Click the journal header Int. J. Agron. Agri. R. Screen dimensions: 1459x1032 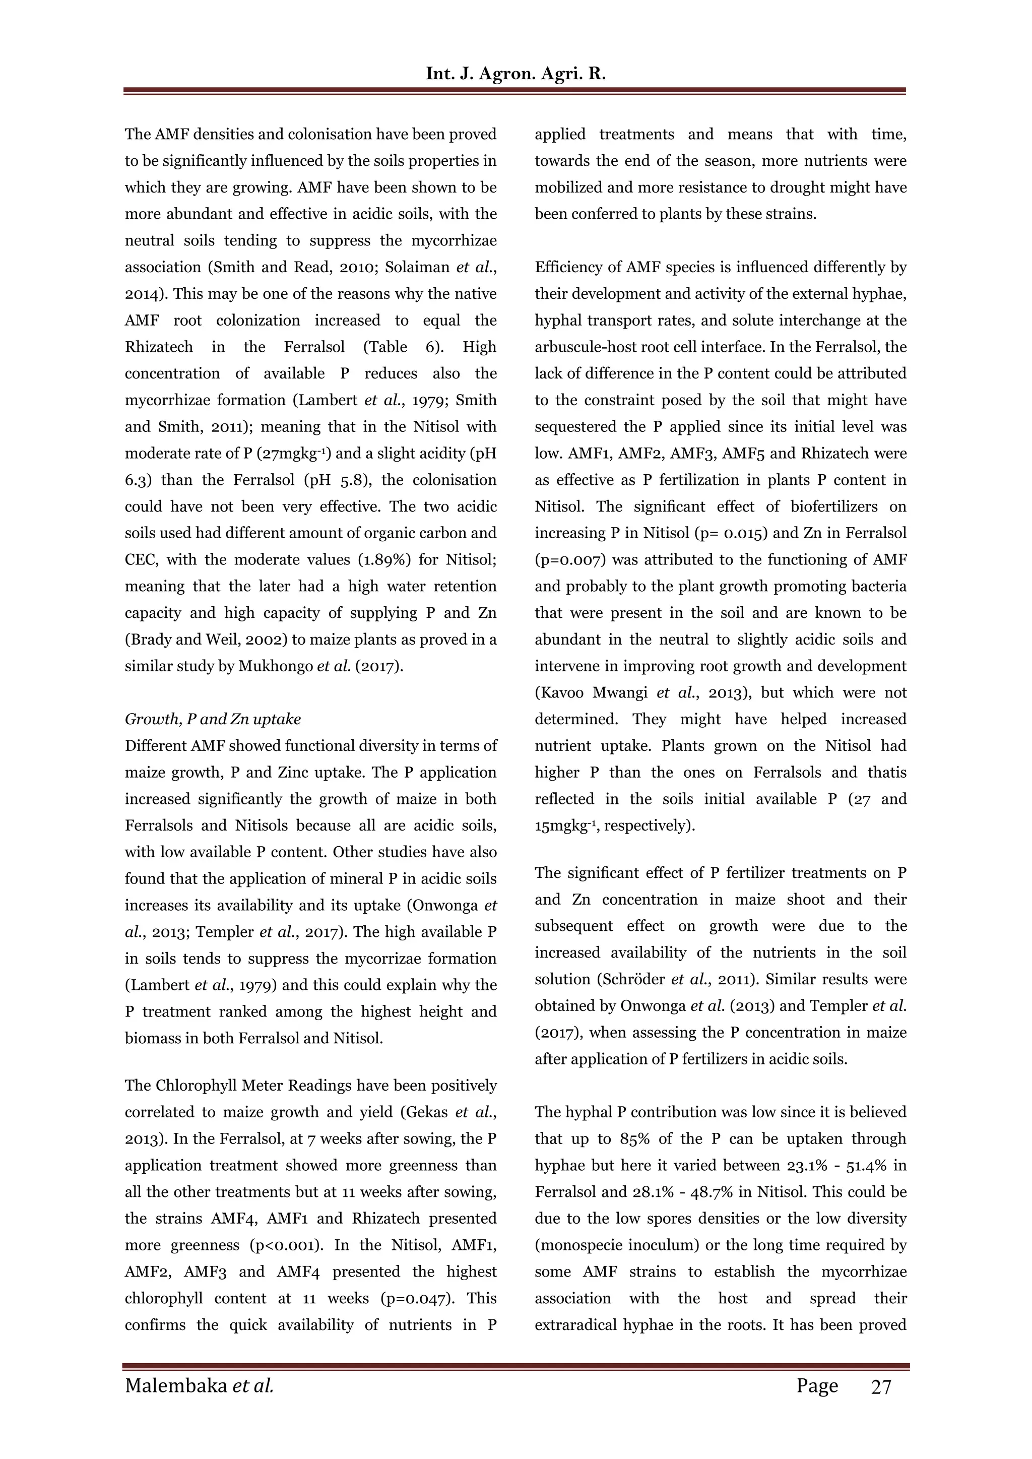click(515, 74)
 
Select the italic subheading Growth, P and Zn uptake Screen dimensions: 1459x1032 click(213, 719)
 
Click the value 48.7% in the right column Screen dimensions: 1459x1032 click(713, 1192)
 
